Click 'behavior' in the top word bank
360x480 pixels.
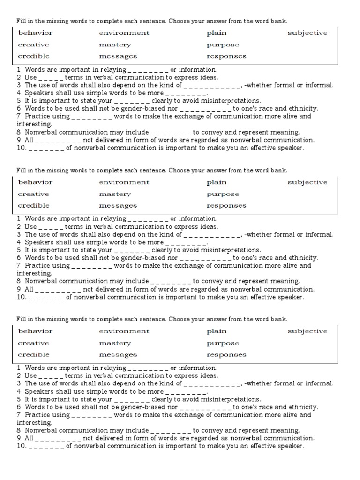35,33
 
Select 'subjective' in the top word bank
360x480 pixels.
307,33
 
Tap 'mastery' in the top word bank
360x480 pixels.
115,45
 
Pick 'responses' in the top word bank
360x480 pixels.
226,56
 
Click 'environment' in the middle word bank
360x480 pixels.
124,182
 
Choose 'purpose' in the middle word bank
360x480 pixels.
223,194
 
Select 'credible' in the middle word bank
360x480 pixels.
33,205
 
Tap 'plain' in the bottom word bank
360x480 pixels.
217,331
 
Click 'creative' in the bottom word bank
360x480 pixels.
33,343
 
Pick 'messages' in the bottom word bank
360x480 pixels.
118,355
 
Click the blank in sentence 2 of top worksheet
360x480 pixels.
51,78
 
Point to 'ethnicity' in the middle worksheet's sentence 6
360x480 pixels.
303,258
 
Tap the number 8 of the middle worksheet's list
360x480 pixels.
19,281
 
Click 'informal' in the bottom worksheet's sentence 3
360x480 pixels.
319,383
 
